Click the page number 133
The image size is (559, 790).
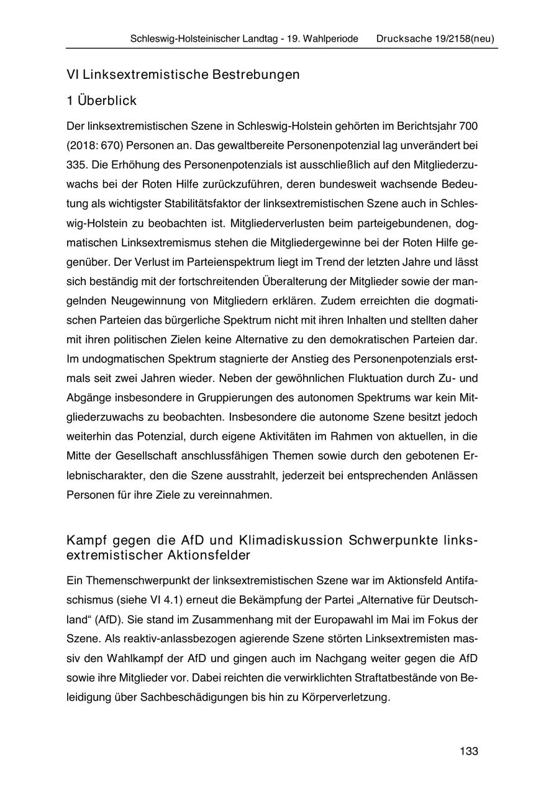tap(469, 751)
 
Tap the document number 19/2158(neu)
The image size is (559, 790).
tap(465, 39)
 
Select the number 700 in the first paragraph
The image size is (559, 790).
tap(468, 127)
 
